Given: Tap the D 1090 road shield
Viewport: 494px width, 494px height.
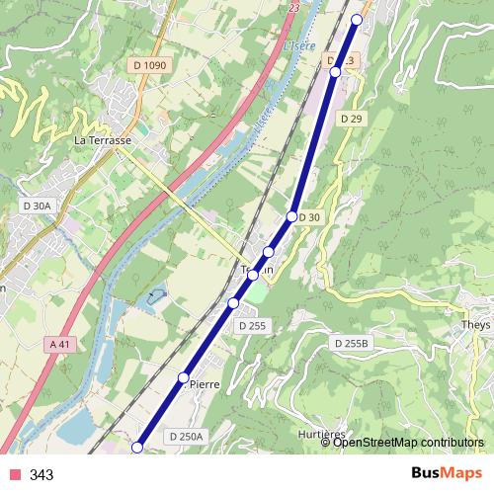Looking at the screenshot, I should (x=148, y=64).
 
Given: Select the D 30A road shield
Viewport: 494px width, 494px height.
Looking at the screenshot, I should (x=36, y=206).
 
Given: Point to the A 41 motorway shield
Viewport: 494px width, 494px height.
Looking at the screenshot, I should (x=59, y=344).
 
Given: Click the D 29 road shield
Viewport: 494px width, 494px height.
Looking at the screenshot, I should (x=351, y=119).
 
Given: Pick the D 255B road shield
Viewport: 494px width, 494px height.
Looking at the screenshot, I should (x=350, y=343).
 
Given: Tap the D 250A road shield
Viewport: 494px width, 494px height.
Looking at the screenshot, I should (x=186, y=436).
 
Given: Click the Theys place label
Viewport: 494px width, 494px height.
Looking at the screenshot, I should (x=476, y=324).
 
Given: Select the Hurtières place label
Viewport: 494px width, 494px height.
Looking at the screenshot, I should (x=320, y=435).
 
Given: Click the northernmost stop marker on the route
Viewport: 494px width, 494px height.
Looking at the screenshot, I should (x=357, y=19).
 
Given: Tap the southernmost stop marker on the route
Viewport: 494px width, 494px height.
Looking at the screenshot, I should (x=137, y=448).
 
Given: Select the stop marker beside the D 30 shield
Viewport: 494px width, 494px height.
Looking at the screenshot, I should (x=292, y=216).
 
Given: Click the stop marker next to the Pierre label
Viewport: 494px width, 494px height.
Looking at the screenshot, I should (x=183, y=377).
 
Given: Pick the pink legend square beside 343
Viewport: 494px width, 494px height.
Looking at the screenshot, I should (x=13, y=474).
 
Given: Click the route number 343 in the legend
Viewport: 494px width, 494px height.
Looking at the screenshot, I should (x=41, y=474).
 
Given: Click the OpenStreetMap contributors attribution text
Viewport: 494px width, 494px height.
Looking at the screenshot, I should (x=408, y=442).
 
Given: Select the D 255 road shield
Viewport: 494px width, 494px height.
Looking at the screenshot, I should (x=252, y=325).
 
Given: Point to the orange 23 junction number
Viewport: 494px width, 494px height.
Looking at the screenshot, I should (x=293, y=7).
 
